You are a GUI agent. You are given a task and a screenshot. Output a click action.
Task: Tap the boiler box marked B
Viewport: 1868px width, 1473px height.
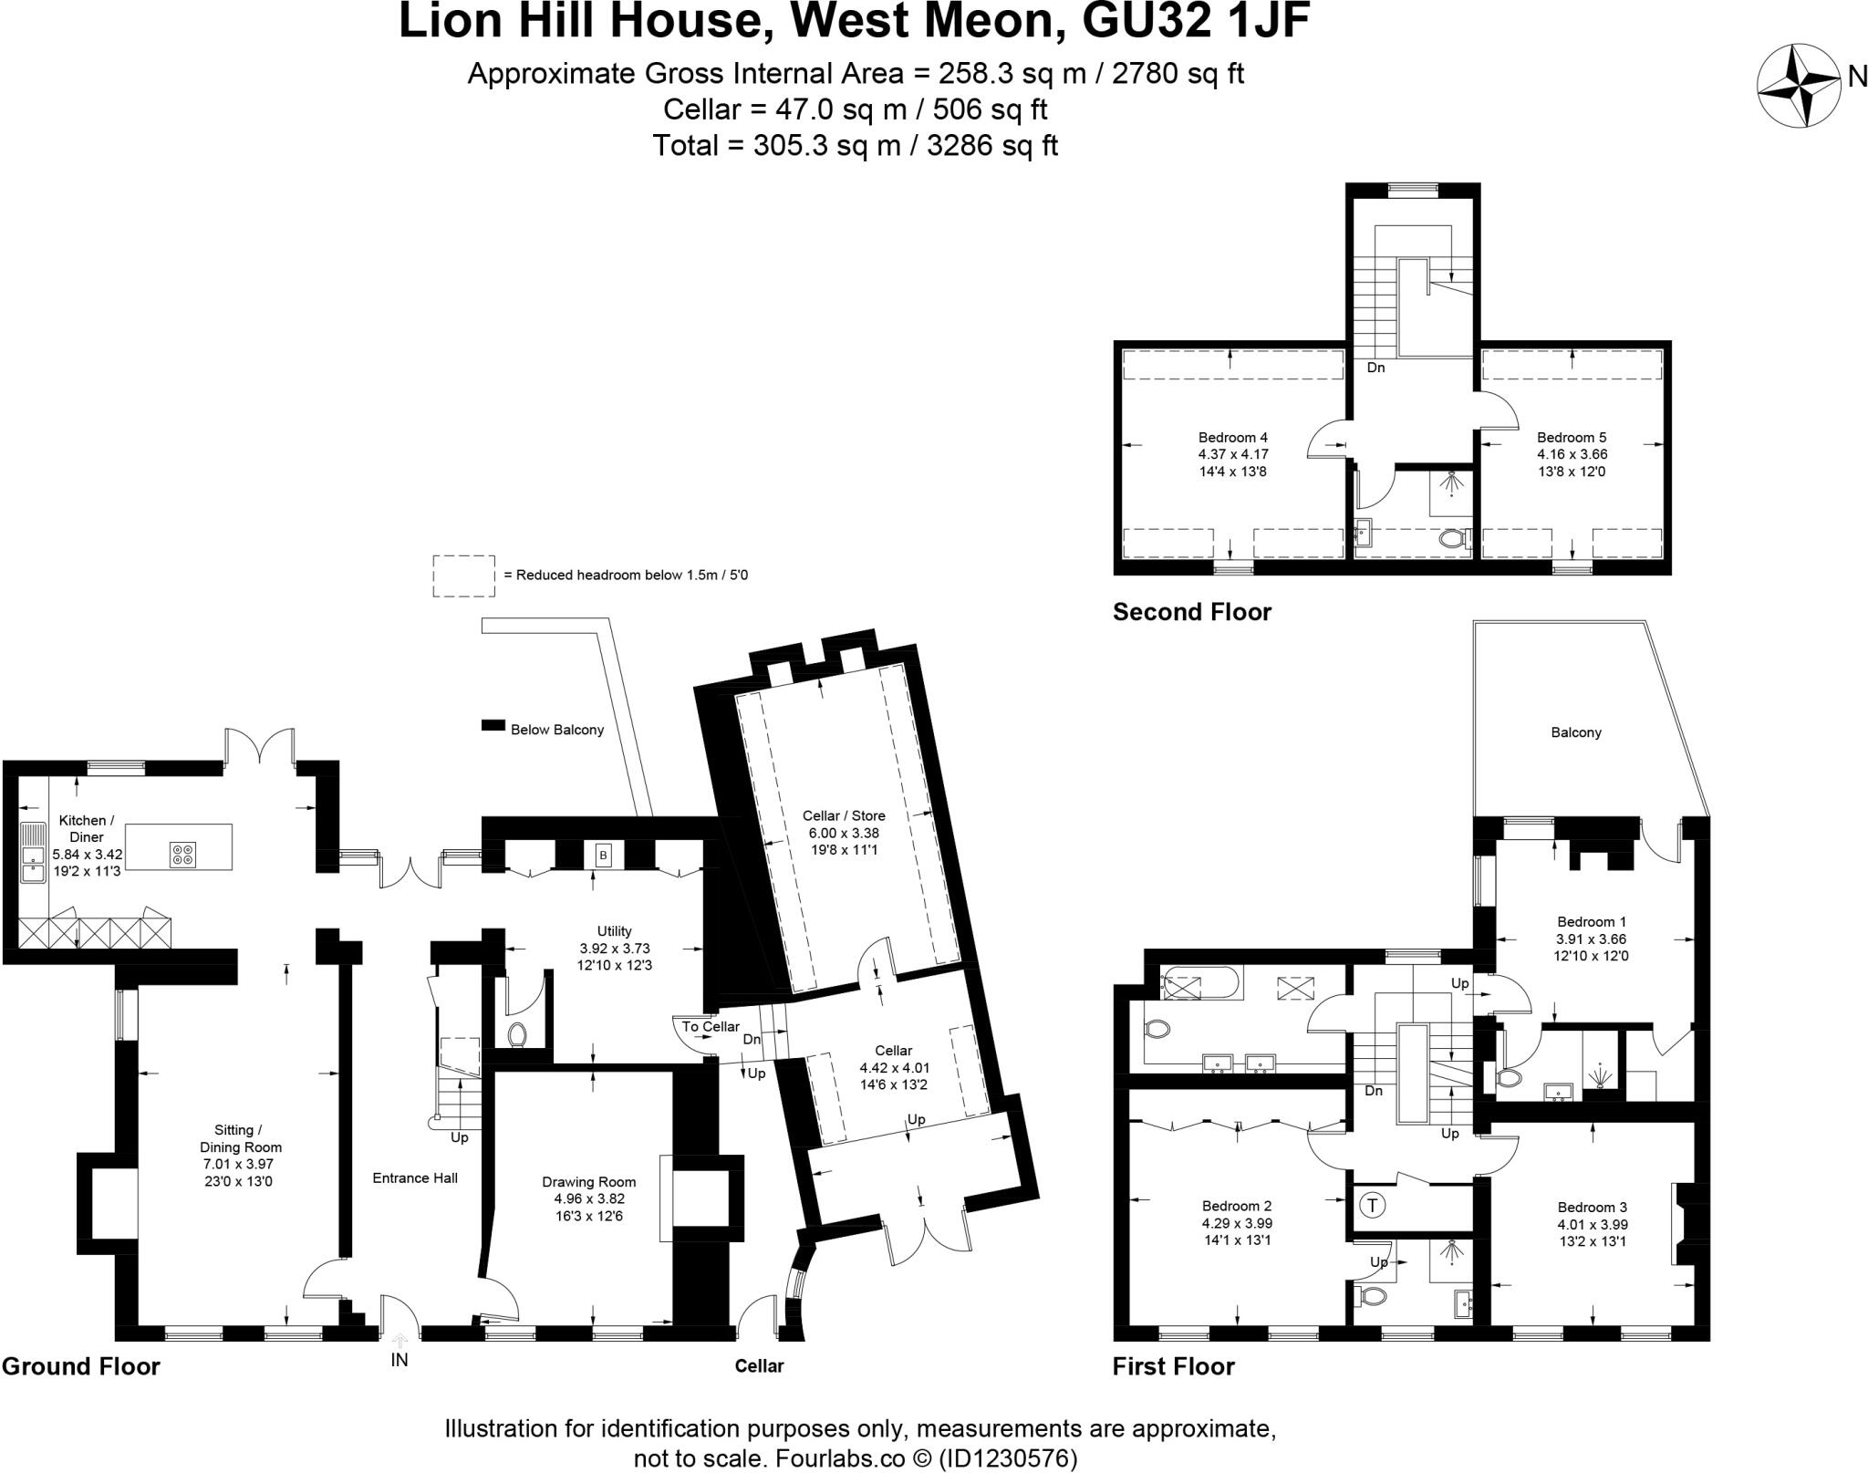(603, 856)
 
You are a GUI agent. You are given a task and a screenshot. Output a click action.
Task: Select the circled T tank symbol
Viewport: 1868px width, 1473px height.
(1372, 1205)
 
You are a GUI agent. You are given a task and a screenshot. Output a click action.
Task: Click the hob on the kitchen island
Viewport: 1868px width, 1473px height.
(182, 854)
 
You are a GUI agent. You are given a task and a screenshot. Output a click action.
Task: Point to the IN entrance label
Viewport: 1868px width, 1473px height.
(400, 1360)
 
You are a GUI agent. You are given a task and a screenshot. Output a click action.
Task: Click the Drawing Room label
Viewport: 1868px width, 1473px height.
(588, 1183)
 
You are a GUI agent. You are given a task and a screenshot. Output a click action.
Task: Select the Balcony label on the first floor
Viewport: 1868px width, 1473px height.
(1575, 732)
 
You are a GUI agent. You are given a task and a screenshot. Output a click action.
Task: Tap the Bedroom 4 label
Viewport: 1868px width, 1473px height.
(1233, 438)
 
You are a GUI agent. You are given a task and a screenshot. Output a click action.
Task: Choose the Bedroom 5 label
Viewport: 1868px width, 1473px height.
(1572, 438)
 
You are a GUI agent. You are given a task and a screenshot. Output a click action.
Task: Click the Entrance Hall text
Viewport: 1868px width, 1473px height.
(415, 1177)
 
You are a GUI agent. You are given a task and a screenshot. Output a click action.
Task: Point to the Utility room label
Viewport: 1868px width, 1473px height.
(614, 931)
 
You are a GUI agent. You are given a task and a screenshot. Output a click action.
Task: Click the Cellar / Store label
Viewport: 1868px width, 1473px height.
(844, 815)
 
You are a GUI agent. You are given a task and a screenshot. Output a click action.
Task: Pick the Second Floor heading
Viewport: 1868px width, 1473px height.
(1191, 612)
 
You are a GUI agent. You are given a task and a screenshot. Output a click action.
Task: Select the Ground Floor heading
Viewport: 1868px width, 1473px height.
(80, 1366)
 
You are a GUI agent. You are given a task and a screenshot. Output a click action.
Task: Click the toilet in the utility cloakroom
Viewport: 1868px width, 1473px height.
(517, 1035)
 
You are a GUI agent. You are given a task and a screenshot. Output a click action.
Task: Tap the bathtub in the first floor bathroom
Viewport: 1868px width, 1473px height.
(1198, 986)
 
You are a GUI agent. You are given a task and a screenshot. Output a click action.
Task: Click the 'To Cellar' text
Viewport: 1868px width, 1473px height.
(711, 1027)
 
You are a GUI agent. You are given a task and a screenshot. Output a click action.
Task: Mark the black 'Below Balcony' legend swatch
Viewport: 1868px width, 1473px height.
(493, 726)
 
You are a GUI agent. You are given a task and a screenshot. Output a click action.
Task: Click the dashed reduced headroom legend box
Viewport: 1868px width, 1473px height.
(463, 576)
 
